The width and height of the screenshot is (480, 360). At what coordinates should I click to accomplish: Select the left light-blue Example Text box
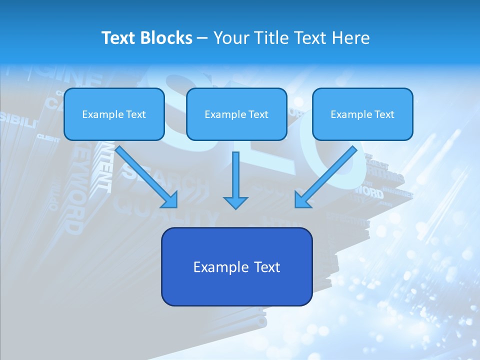[x=114, y=114]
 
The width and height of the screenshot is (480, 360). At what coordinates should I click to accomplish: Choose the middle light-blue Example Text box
[x=236, y=114]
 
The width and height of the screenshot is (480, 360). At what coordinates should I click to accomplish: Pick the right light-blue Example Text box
[x=362, y=114]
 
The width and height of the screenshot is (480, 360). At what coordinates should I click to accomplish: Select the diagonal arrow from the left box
[x=145, y=175]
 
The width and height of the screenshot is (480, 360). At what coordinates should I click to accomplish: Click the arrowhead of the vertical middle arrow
[x=235, y=202]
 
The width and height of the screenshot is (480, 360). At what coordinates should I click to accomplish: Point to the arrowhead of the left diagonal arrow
[x=170, y=200]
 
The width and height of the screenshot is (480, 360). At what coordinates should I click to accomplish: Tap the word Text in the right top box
[x=384, y=114]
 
